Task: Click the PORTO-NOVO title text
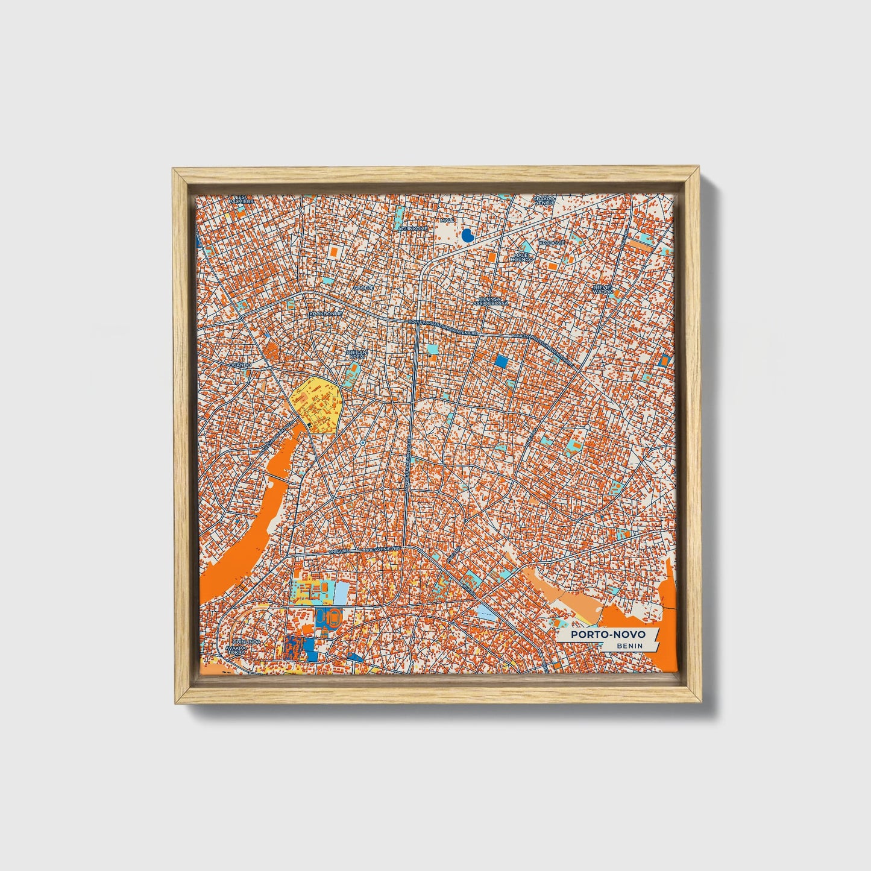click(x=608, y=635)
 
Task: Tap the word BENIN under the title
click(x=629, y=646)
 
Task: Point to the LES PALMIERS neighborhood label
click(x=241, y=199)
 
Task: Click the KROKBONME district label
click(x=325, y=314)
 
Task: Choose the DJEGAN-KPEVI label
click(x=357, y=354)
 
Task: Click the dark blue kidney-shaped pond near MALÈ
click(x=467, y=236)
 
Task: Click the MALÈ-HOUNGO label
click(x=523, y=258)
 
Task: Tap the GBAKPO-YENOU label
click(x=544, y=200)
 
